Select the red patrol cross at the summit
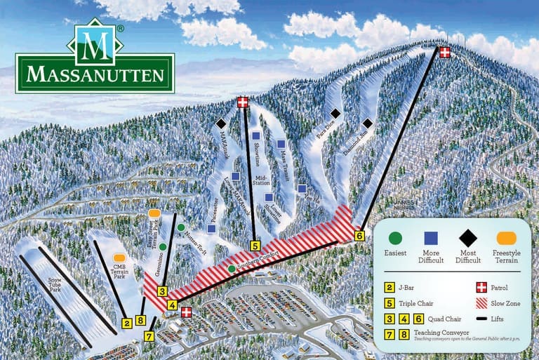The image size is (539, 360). coord(445,52)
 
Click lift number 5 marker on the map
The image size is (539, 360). coord(255,246)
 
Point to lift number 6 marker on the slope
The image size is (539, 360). coord(360,236)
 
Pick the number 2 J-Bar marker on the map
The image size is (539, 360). coord(126,323)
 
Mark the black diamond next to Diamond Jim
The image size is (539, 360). coord(367,124)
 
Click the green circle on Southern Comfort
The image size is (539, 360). coord(232,269)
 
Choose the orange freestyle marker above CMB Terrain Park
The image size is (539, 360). coord(119,258)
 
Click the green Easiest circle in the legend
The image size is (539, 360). coord(396,238)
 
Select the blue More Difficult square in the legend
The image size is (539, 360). coord(431,238)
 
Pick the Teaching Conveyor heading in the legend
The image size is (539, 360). coord(441,333)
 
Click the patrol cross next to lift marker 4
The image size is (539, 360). coord(187,312)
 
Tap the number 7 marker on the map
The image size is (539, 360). coord(149,335)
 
